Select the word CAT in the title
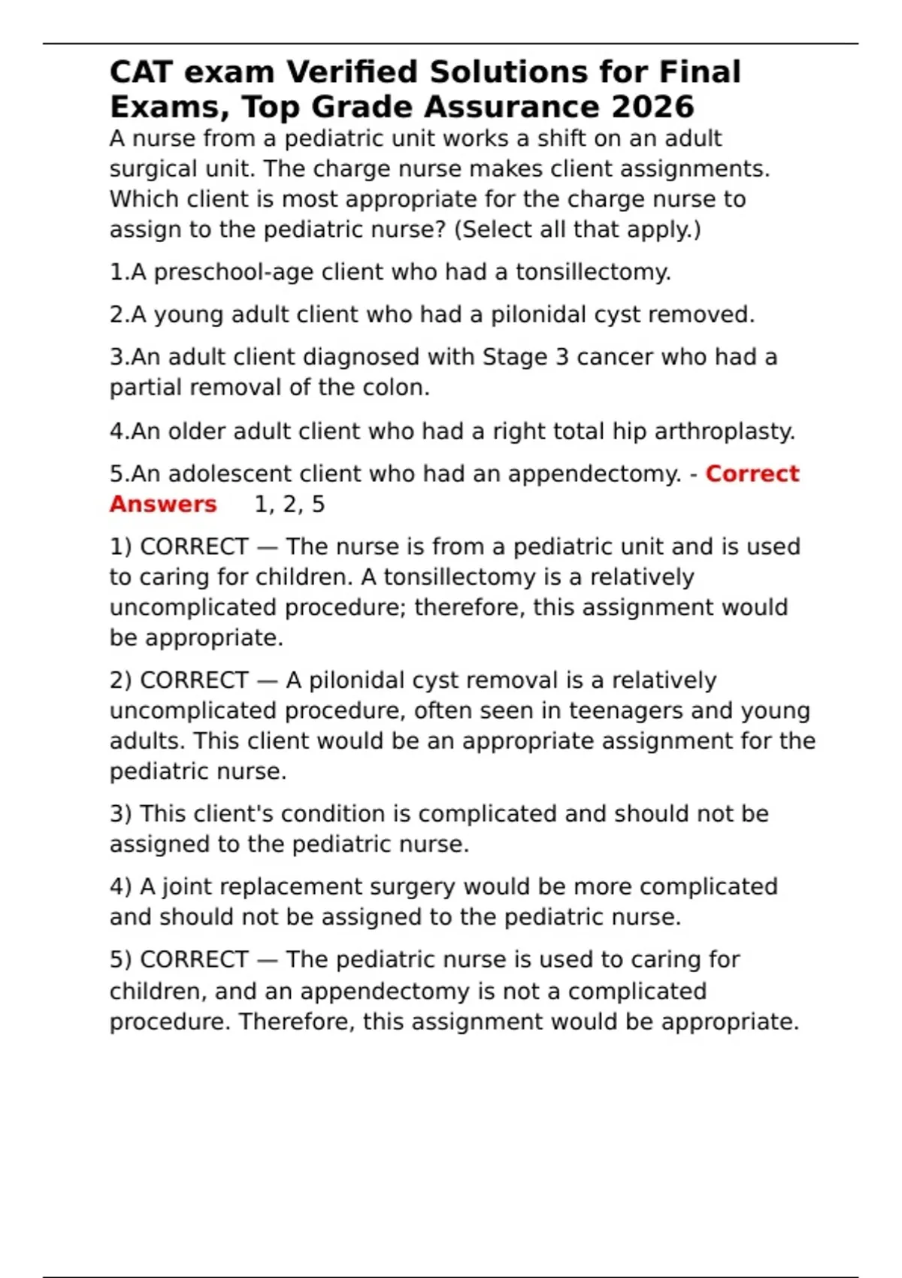[141, 72]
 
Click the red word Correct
[752, 474]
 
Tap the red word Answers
[163, 504]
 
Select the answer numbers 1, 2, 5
[289, 504]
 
